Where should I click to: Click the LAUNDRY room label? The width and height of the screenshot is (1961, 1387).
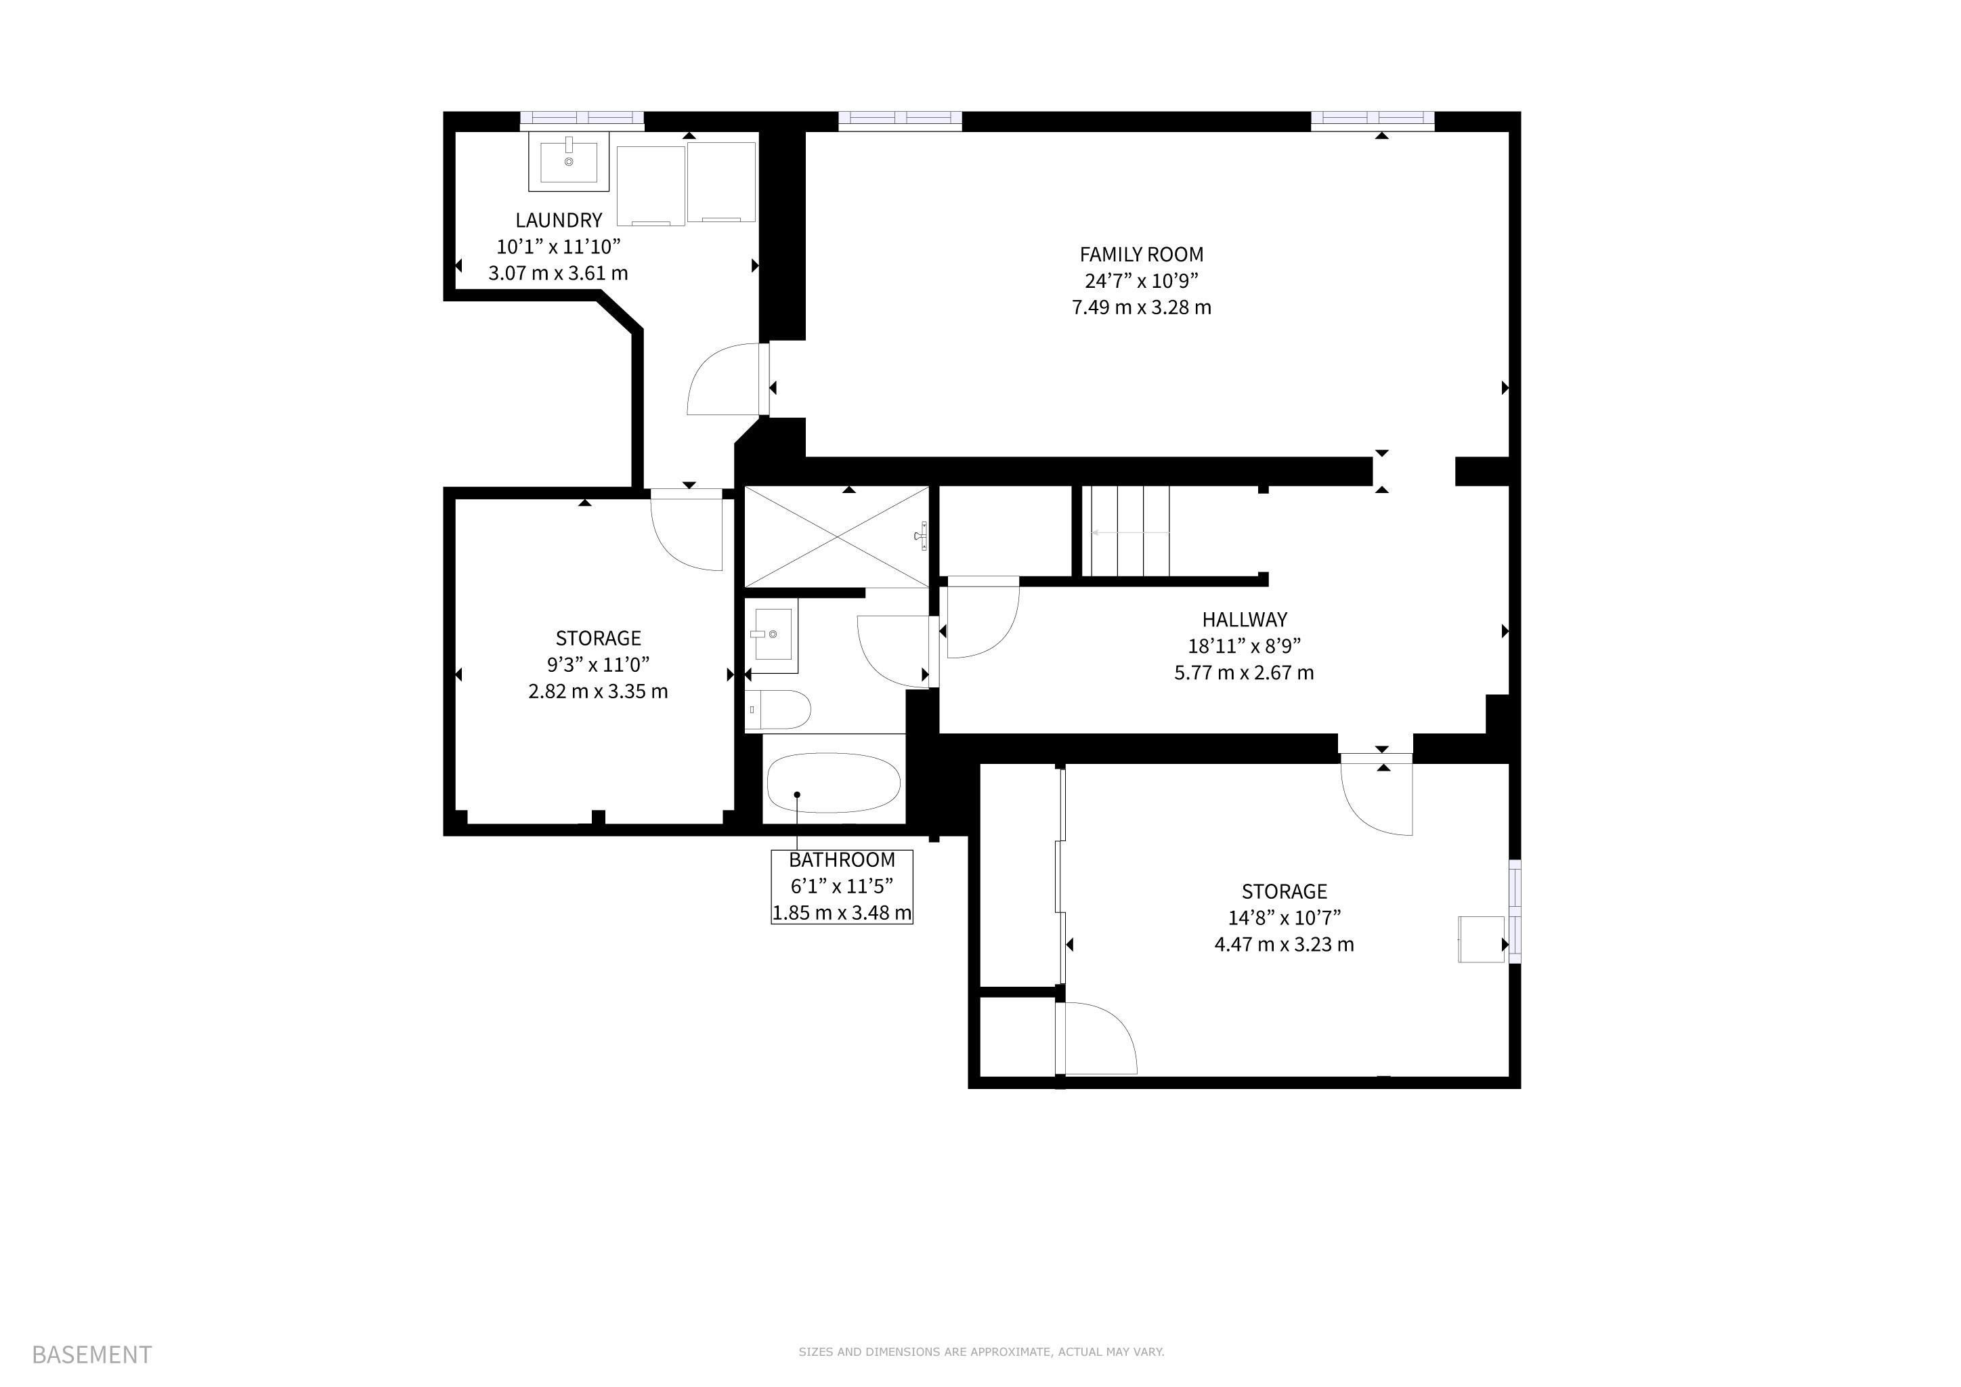pos(559,220)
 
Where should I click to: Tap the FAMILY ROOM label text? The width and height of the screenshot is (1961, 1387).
pos(1141,255)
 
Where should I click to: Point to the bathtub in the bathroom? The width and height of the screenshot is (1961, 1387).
pos(834,783)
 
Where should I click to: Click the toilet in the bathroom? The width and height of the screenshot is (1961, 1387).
pos(777,709)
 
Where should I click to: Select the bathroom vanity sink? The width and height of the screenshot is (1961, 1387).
pos(771,635)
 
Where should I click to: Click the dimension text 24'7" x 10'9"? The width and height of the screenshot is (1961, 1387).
pos(1141,281)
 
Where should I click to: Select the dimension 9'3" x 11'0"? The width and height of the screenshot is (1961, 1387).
pos(598,664)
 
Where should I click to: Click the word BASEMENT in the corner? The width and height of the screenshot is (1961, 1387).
pos(91,1354)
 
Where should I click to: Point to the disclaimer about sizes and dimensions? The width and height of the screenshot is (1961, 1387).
pos(981,1352)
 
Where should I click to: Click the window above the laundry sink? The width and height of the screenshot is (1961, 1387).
pos(582,121)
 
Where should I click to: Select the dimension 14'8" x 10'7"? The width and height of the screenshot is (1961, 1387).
pos(1285,918)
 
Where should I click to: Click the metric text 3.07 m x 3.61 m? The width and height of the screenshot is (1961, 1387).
pos(558,274)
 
